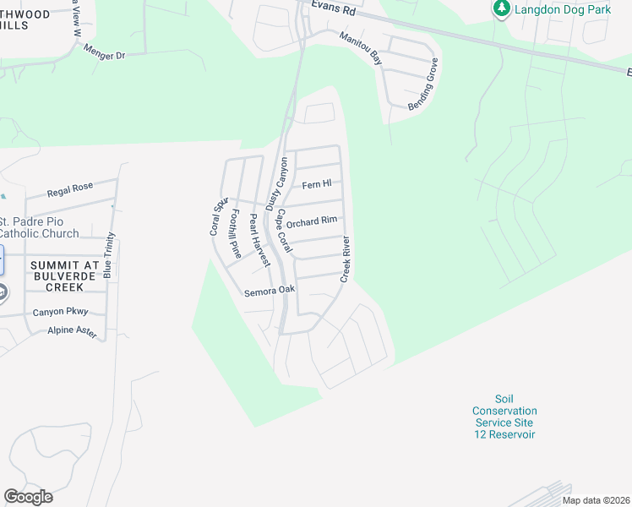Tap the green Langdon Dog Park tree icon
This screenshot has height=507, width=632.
tap(502, 8)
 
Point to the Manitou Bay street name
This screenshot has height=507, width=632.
tap(361, 49)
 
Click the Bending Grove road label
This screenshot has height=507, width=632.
tap(423, 84)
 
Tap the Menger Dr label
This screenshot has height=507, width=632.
tap(104, 52)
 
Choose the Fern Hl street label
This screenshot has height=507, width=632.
tap(317, 184)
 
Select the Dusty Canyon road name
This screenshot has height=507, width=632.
tap(277, 183)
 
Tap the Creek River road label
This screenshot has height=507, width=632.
tap(346, 259)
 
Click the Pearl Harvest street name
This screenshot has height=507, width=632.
tap(259, 240)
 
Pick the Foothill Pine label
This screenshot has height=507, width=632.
tap(236, 234)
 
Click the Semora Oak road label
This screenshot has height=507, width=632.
tap(270, 290)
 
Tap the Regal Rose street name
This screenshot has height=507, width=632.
tap(70, 192)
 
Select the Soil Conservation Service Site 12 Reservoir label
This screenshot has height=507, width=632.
tap(504, 417)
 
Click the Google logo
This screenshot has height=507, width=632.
tap(28, 497)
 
